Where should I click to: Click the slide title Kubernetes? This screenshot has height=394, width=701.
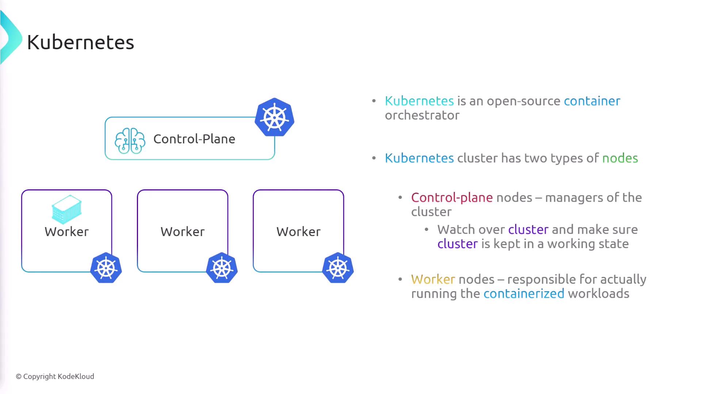[80, 42]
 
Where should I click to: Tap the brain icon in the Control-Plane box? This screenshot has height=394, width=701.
[130, 140]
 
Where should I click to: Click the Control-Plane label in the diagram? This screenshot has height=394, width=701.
[194, 139]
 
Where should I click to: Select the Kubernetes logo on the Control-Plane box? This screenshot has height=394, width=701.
[275, 117]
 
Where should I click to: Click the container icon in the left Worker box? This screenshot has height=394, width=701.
[66, 209]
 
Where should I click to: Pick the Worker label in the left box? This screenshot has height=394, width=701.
[66, 232]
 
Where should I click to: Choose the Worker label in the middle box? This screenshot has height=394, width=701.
[183, 232]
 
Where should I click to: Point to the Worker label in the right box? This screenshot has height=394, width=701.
[298, 232]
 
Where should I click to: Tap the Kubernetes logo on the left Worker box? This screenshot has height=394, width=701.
[106, 268]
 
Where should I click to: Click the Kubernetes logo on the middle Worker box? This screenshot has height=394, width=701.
[222, 268]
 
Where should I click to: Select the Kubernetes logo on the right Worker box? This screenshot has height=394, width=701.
[338, 268]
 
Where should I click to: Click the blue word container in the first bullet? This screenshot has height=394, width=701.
[592, 101]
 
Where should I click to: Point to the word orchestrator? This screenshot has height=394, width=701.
[422, 115]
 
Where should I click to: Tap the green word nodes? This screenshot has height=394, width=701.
[620, 158]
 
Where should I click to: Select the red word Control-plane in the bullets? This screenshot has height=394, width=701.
[452, 198]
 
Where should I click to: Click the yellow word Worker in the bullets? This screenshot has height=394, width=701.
[433, 279]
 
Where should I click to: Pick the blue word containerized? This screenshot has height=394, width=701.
[524, 294]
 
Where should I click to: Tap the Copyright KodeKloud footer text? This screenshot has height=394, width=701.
[55, 376]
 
